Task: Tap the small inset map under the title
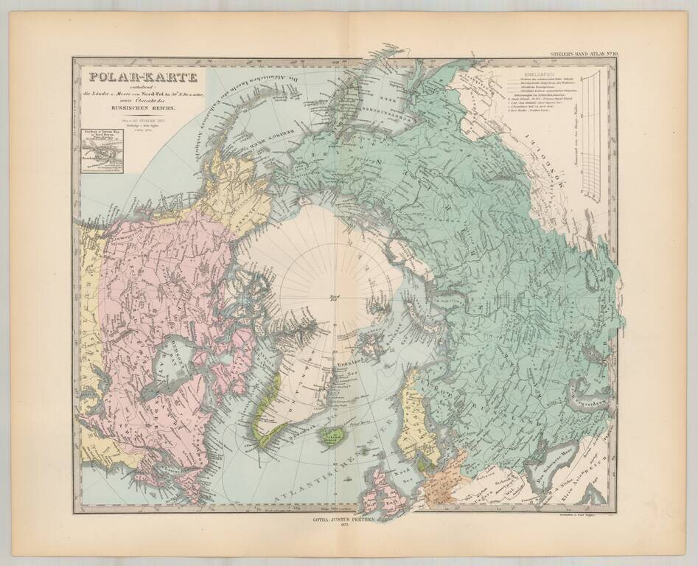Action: click(x=101, y=151)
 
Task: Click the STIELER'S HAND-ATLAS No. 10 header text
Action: click(x=583, y=54)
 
